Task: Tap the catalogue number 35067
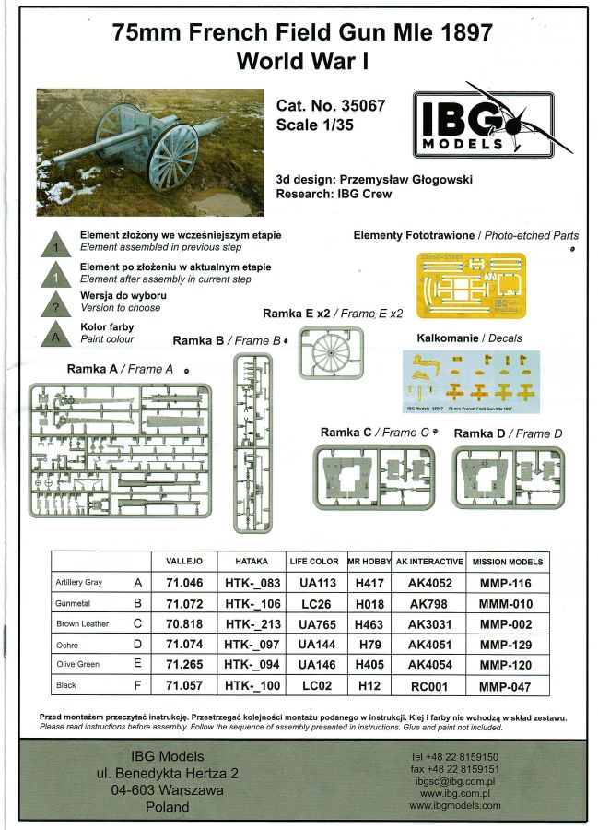[330, 106]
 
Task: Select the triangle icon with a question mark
[57, 306]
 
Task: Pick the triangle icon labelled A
[57, 337]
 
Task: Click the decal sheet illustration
[471, 380]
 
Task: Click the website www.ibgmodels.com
[454, 805]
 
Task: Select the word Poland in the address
[168, 806]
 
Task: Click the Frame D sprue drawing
[509, 476]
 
